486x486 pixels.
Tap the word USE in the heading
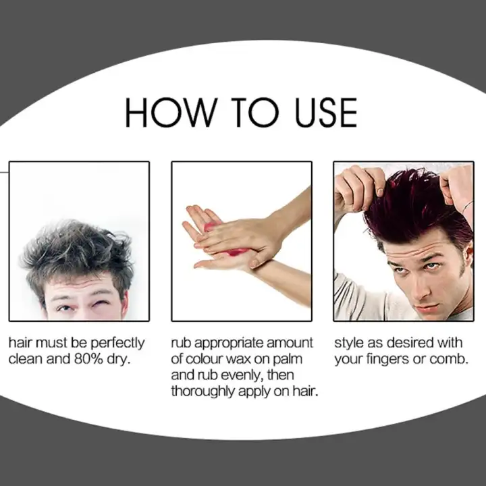[326, 112]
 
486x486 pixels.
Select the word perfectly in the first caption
[117, 344]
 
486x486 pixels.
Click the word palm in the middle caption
[288, 360]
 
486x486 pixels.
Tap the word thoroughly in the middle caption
[203, 391]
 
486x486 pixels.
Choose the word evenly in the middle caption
[238, 376]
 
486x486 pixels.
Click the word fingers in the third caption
[388, 360]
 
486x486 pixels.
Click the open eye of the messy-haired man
[65, 308]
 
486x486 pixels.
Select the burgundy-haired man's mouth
[429, 307]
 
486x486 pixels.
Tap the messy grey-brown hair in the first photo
[78, 251]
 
